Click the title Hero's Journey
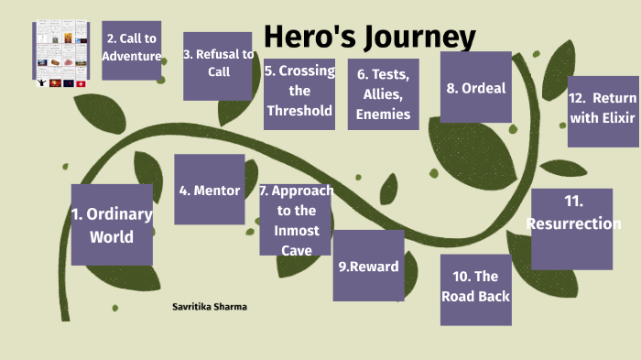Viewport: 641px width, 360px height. [x=369, y=38]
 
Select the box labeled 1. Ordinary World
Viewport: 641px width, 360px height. [x=112, y=224]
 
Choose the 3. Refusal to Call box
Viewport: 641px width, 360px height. [x=218, y=65]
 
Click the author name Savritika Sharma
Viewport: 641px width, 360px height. [x=210, y=306]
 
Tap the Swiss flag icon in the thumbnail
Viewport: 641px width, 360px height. [x=81, y=83]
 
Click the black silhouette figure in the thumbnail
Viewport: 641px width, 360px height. [x=41, y=83]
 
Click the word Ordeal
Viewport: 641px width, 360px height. [x=489, y=89]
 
